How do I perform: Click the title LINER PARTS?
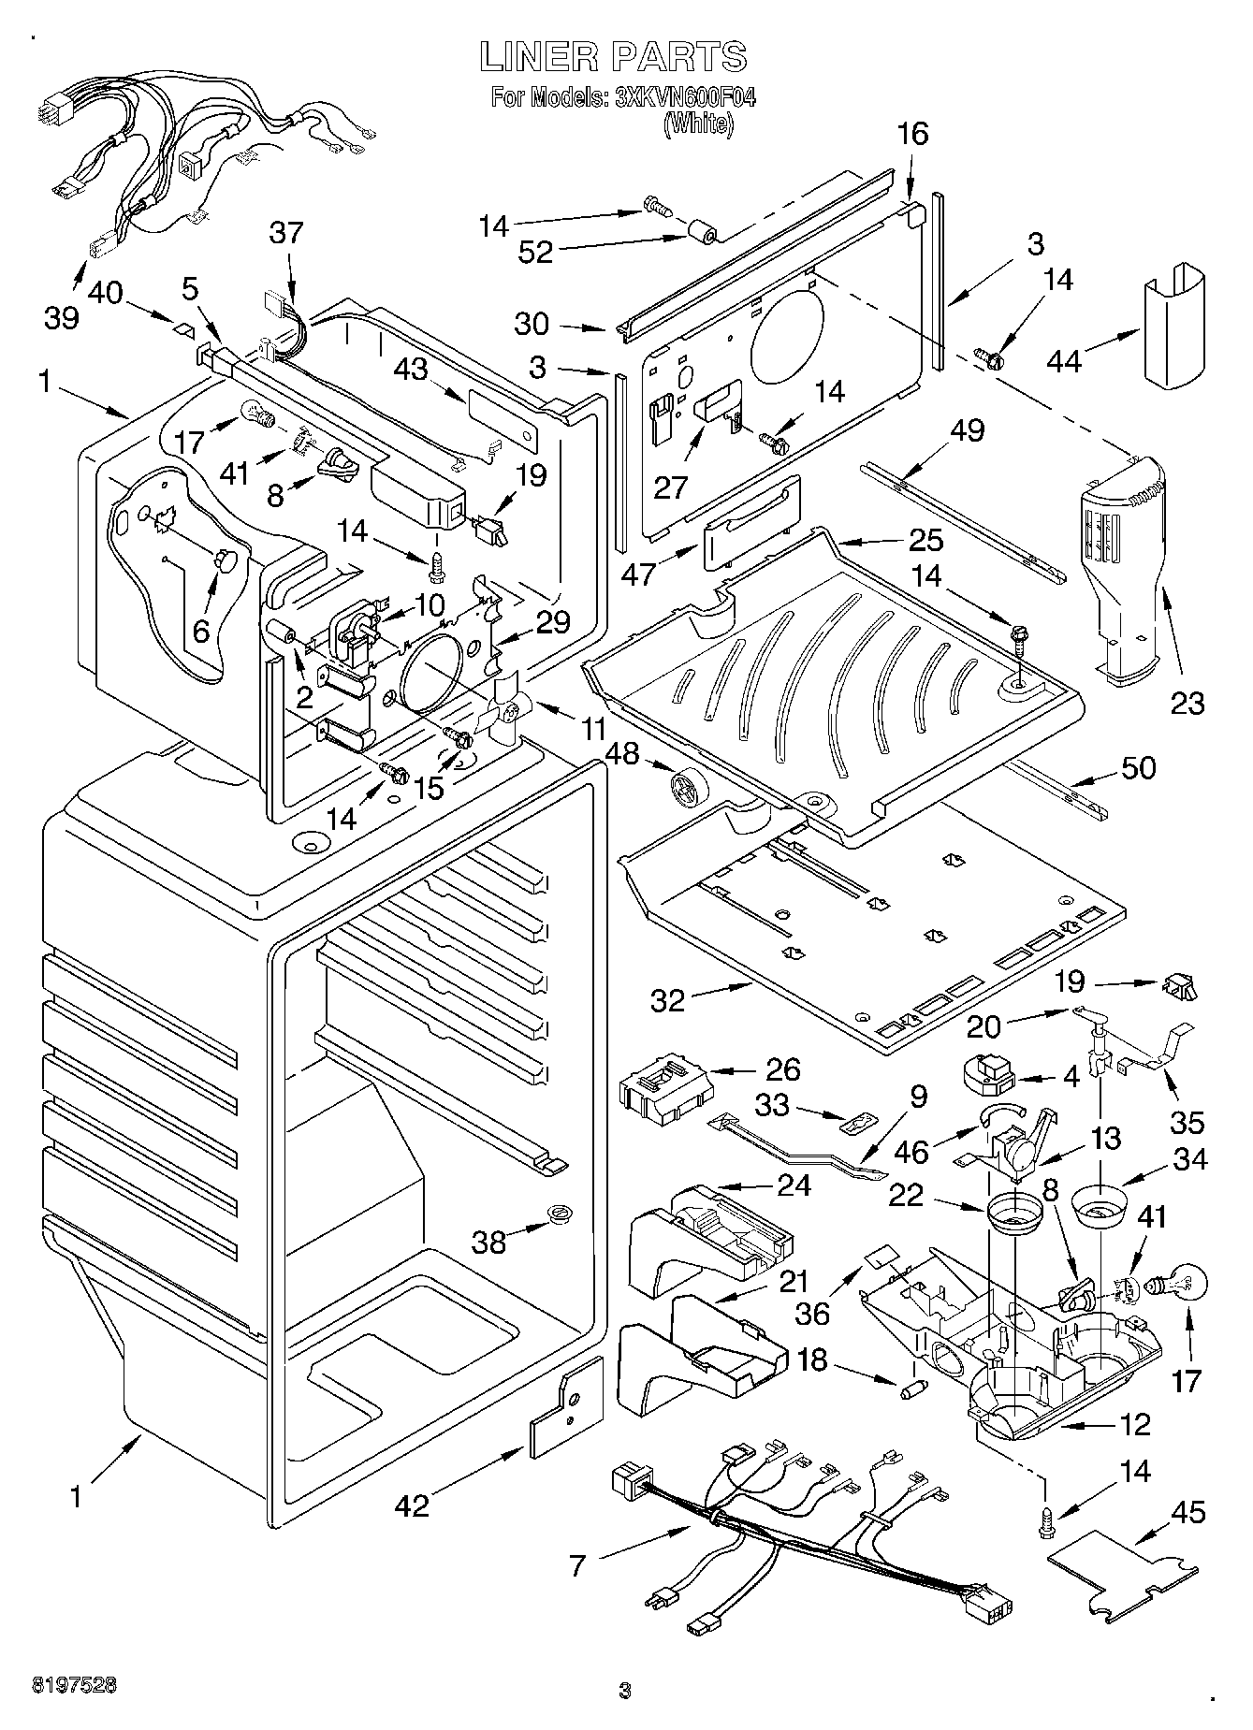(613, 58)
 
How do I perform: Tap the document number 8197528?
(63, 1683)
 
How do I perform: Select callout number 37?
(287, 232)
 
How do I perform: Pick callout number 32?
(668, 1000)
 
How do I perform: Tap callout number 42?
(412, 1505)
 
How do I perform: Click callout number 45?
(1188, 1512)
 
